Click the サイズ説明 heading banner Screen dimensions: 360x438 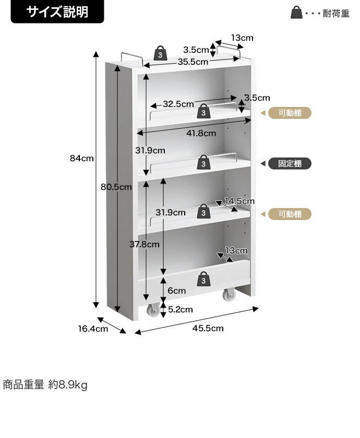tap(57, 11)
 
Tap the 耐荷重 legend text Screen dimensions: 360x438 tap(336, 14)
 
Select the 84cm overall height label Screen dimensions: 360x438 tap(81, 159)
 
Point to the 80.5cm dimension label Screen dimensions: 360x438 tap(116, 187)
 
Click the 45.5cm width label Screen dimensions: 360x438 tap(208, 328)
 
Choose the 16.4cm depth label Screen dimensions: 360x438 tap(93, 329)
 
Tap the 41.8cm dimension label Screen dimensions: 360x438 tap(201, 133)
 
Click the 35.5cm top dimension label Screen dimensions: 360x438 tap(193, 62)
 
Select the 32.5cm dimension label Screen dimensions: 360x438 tap(178, 104)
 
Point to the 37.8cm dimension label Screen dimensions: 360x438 tap(145, 245)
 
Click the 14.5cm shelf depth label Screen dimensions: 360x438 tap(239, 201)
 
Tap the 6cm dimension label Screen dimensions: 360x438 tap(177, 291)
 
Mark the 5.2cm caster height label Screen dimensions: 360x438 tap(181, 310)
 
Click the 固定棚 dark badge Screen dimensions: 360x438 tap(290, 163)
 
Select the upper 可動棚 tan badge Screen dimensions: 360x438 tap(290, 113)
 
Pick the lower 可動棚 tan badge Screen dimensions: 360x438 tap(290, 214)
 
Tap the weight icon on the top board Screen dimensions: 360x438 tap(161, 53)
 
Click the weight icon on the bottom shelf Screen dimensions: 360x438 tap(203, 279)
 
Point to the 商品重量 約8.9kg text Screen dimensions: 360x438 tap(45, 385)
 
